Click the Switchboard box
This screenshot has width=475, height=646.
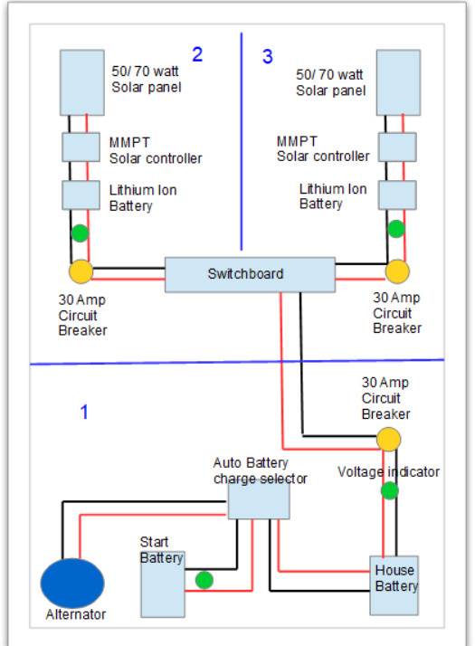point(250,275)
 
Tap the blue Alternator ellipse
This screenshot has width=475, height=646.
point(72,583)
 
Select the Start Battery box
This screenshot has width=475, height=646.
point(163,584)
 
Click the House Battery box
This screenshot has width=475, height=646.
point(394,585)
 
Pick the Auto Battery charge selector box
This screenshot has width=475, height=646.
point(259,500)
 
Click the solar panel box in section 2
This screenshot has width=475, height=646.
point(82,82)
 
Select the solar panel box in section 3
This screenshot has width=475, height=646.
point(398,82)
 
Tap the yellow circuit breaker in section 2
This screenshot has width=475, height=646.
point(81,271)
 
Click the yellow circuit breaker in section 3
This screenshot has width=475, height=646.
point(397,271)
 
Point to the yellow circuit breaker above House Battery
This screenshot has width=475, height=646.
point(388,439)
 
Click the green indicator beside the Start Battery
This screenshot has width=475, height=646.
point(204,580)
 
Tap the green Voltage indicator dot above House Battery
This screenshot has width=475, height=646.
point(390,490)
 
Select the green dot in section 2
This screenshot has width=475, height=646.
point(80,233)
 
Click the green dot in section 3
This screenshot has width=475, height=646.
point(396,229)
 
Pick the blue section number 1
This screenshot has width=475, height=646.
point(84,412)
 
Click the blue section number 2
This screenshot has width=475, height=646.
point(197,54)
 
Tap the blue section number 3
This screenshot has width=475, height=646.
point(268,56)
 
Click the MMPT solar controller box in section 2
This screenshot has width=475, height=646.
point(81,147)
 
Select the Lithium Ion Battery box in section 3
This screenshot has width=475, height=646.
point(397,195)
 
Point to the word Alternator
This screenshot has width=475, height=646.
point(76,614)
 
